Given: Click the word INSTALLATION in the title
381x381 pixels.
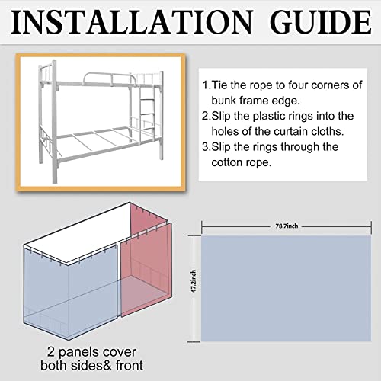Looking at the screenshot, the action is click(x=132, y=22).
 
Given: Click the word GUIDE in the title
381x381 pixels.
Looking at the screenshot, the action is click(x=321, y=22).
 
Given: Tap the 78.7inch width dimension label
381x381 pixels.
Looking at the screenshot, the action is click(x=287, y=226).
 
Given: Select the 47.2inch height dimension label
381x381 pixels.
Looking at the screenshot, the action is click(x=194, y=281).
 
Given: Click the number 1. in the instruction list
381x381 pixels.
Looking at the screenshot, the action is click(x=207, y=85).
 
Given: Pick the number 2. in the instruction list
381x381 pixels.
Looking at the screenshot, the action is click(x=207, y=116).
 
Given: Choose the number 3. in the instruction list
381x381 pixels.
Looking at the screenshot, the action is click(x=207, y=147).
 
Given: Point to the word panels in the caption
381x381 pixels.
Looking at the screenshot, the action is click(x=78, y=353).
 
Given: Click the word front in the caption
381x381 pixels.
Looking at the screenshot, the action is click(x=130, y=366).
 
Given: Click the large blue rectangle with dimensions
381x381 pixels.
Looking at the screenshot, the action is click(x=287, y=289).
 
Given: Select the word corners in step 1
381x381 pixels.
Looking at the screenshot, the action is click(x=328, y=86).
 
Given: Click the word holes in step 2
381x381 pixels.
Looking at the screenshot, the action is click(x=224, y=132).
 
